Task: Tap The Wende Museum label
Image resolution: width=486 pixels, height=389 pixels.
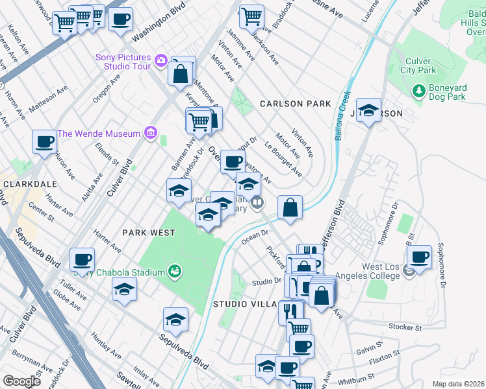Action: [99, 134]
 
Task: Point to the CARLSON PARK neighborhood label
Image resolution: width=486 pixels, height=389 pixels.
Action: [295, 104]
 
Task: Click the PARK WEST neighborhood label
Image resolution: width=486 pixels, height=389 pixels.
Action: [148, 232]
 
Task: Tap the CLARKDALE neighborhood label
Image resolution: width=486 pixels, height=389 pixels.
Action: [27, 184]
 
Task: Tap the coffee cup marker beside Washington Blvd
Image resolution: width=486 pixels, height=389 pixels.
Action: [120, 19]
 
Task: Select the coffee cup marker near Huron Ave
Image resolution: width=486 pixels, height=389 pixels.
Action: [44, 141]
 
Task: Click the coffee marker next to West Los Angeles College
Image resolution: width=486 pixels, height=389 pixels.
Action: [420, 257]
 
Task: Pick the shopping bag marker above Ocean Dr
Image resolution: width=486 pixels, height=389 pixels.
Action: [290, 207]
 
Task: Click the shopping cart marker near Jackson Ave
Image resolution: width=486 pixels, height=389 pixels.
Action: [251, 18]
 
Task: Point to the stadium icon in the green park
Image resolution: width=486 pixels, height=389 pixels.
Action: [173, 270]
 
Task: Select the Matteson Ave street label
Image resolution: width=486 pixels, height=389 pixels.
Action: [49, 99]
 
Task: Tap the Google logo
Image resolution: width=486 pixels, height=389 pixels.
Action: [21, 381]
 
